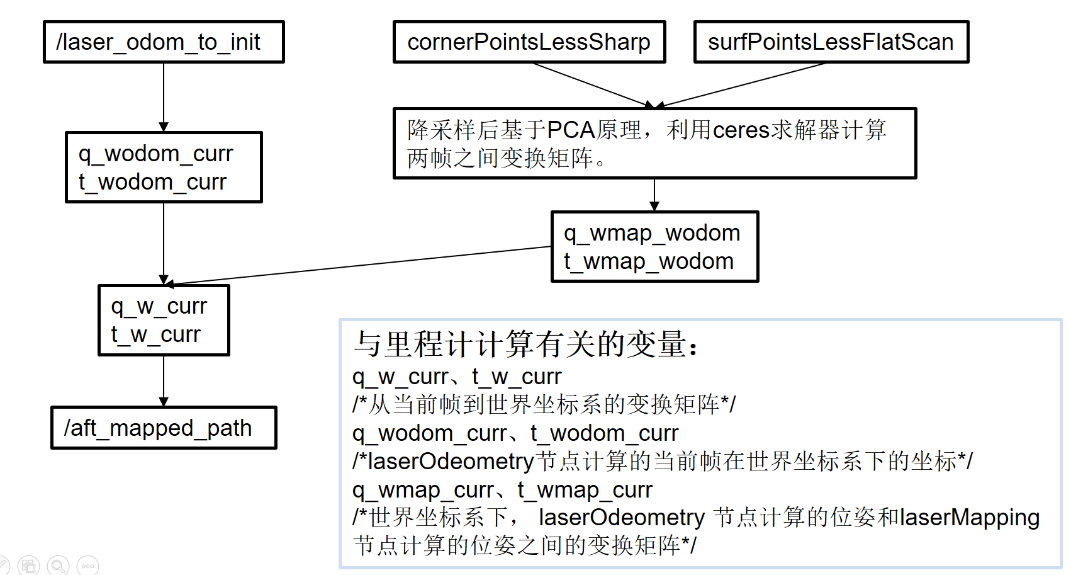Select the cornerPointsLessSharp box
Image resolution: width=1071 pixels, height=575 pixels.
pyautogui.click(x=529, y=42)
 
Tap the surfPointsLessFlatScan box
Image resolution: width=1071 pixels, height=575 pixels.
pyautogui.click(x=831, y=42)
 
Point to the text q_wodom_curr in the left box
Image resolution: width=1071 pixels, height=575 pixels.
pyautogui.click(x=155, y=154)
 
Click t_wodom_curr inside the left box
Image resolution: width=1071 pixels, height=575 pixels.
pyautogui.click(x=152, y=182)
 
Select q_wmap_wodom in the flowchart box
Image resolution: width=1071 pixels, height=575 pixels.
pyautogui.click(x=652, y=233)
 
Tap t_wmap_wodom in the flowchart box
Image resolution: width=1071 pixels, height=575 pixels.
pyautogui.click(x=649, y=261)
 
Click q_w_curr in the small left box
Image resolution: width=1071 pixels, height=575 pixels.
pyautogui.click(x=159, y=306)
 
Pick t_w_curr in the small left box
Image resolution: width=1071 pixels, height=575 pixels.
pyautogui.click(x=155, y=334)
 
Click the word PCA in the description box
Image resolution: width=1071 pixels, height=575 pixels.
pyautogui.click(x=571, y=130)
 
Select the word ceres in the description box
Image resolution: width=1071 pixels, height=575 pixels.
pyautogui.click(x=741, y=130)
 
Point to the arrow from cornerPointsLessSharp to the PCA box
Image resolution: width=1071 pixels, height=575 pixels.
pyautogui.click(x=592, y=85)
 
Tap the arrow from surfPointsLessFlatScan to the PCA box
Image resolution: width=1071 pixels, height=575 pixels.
pyautogui.click(x=743, y=85)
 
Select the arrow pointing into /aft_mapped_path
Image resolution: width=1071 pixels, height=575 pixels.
pyautogui.click(x=164, y=381)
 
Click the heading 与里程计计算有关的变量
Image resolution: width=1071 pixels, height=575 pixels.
pyautogui.click(x=526, y=344)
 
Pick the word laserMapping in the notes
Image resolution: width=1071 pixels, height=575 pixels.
pyautogui.click(x=970, y=518)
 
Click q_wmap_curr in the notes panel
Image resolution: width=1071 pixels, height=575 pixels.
pyautogui.click(x=423, y=490)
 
